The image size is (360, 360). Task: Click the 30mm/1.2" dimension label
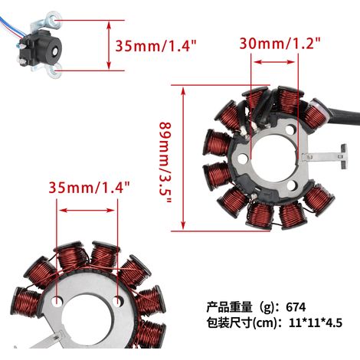coord(280,44)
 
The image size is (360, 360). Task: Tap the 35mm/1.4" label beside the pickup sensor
coord(156,46)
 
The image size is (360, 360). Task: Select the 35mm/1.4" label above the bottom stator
coord(89,187)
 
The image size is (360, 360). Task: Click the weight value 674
coord(296,307)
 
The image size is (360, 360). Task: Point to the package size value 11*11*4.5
coord(316,323)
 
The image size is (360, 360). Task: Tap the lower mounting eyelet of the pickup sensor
coord(54,71)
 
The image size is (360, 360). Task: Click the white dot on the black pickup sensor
coord(55,51)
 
